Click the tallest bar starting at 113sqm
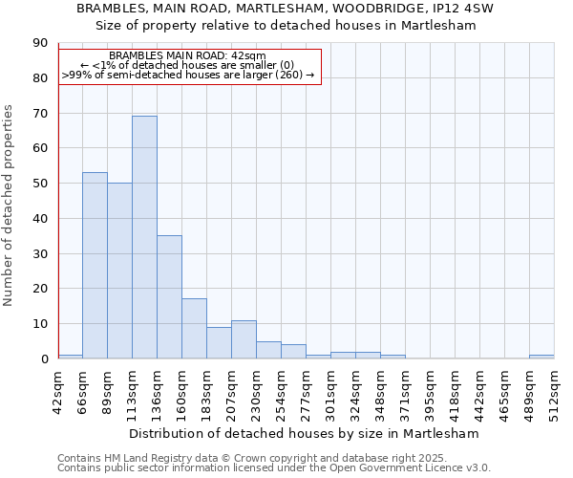[x=144, y=237]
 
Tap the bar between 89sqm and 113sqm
[x=119, y=271]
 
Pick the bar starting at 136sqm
[x=169, y=297]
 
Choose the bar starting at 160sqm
[x=194, y=329]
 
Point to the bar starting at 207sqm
[x=244, y=339]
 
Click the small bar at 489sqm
[x=541, y=357]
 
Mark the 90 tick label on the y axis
[x=40, y=43]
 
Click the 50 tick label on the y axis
[x=40, y=184]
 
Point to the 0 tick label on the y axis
[x=44, y=358]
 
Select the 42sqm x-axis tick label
[x=58, y=389]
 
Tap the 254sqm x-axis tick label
[x=282, y=391]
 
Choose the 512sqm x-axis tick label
[x=555, y=391]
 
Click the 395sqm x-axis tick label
[x=431, y=391]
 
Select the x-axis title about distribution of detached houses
[x=306, y=433]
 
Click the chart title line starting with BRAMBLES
[x=286, y=8]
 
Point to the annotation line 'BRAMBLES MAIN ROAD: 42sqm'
[x=187, y=56]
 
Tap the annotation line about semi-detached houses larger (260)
[x=187, y=74]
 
